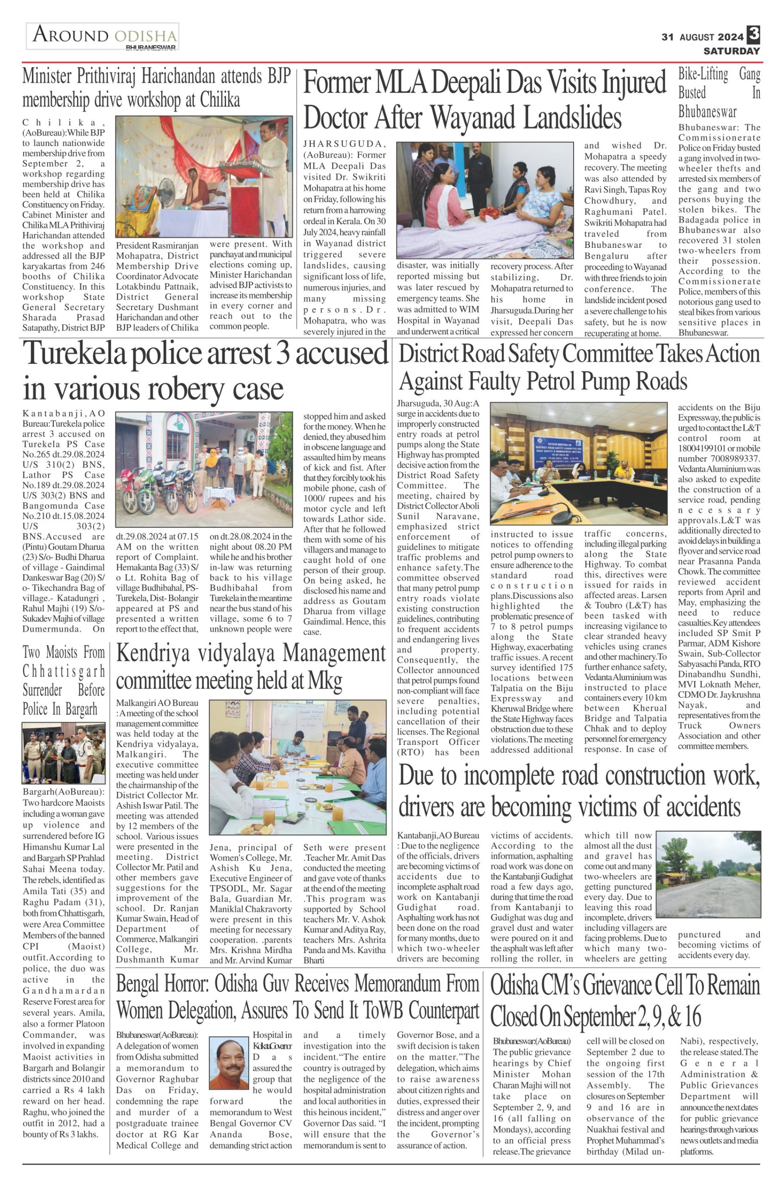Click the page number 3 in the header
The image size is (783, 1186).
coord(753,34)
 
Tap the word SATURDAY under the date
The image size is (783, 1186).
coord(732,51)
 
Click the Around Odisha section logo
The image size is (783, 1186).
coord(103,37)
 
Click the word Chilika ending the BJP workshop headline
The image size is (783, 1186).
coord(220,100)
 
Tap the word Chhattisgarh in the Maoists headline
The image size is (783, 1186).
coord(64,671)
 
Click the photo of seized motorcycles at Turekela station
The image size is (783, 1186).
coord(204,463)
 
